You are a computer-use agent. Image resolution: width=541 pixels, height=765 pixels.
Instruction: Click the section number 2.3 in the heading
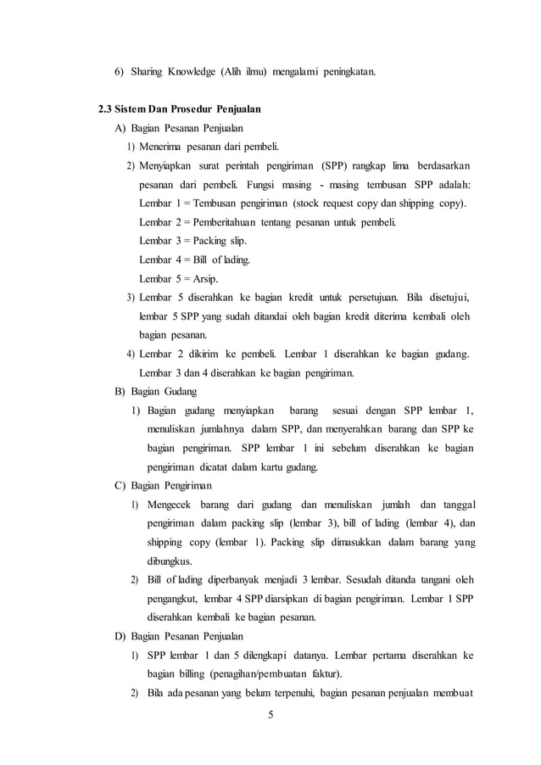click(x=109, y=109)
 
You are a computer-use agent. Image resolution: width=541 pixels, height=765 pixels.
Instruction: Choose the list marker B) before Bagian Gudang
click(x=120, y=392)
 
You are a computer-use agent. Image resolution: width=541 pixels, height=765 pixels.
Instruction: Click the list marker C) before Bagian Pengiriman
click(x=120, y=486)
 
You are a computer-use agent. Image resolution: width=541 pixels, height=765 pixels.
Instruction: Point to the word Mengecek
click(x=173, y=505)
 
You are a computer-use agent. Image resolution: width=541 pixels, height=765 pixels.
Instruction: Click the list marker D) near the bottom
click(x=120, y=637)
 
